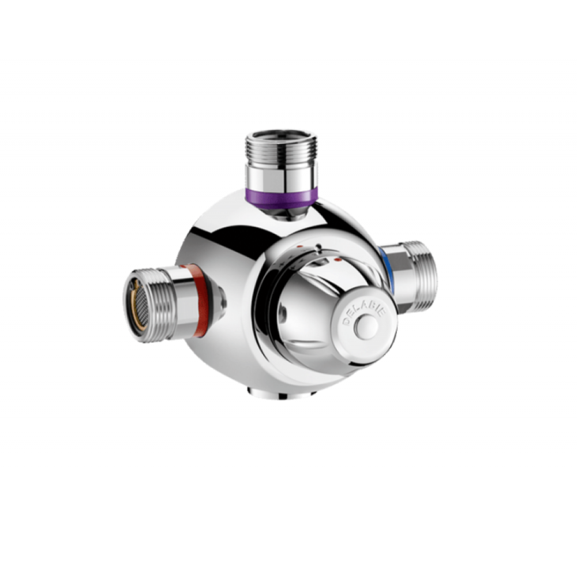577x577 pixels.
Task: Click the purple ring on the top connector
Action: click(281, 198)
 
